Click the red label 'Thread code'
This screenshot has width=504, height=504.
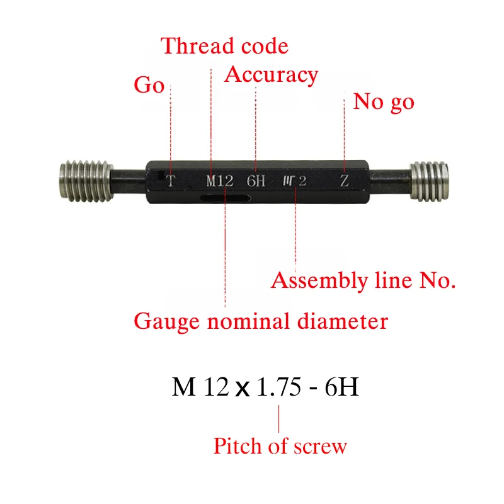(224, 45)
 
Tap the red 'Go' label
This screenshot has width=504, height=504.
(149, 85)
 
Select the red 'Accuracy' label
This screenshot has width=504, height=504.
(271, 76)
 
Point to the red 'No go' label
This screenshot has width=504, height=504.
(384, 102)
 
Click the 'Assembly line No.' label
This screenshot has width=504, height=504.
(364, 280)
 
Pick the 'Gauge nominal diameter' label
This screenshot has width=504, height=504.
(261, 321)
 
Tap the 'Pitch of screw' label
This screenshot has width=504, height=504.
(280, 446)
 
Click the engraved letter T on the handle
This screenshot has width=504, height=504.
(171, 181)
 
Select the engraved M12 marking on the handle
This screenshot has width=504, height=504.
(219, 181)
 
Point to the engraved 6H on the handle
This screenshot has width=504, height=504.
(256, 181)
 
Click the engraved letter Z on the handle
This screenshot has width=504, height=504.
(344, 181)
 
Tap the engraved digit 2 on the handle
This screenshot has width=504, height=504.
(302, 181)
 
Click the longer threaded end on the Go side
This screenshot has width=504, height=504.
(86, 181)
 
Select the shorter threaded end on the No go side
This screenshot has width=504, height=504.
(429, 181)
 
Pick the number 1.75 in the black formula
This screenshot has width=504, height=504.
(279, 386)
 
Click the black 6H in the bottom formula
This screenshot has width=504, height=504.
(341, 386)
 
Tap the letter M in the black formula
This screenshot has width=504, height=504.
(183, 386)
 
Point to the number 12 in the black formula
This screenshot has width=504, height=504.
(217, 386)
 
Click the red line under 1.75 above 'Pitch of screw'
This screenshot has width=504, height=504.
(278, 418)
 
